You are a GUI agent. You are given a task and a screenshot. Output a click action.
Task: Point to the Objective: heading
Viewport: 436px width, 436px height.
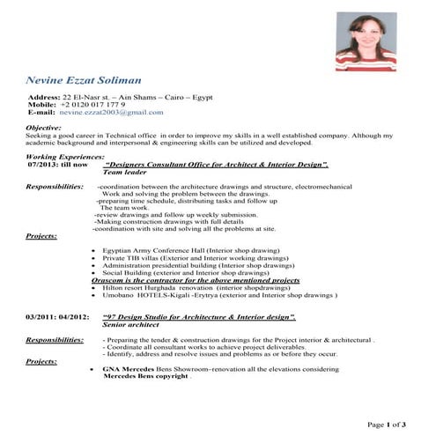44,129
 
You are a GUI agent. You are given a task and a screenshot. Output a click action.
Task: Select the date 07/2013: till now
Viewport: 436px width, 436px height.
58,165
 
